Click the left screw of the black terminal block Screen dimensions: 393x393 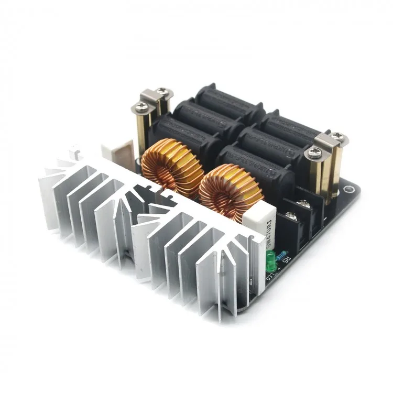coord(287,213)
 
